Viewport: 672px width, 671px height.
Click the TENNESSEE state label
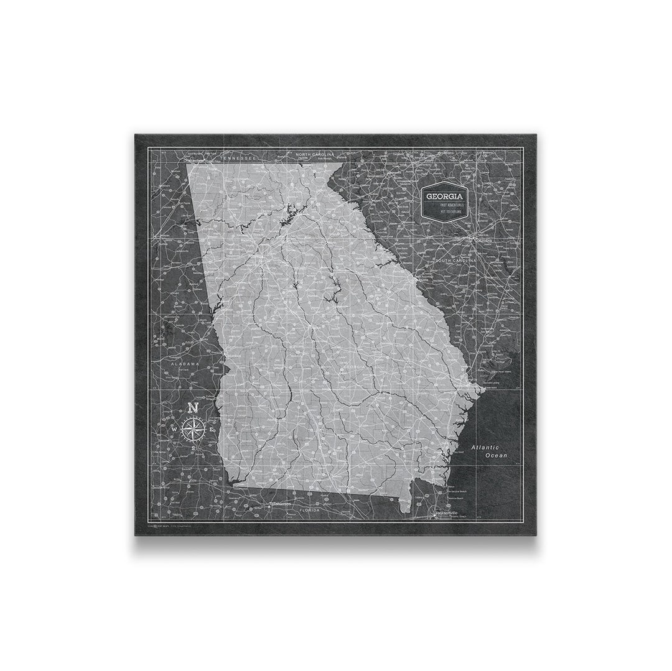click(x=239, y=159)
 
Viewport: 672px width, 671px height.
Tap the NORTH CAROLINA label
click(x=315, y=154)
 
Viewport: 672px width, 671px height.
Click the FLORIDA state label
click(x=309, y=510)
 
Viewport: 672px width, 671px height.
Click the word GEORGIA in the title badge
click(x=445, y=196)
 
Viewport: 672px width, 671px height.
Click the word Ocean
click(x=497, y=456)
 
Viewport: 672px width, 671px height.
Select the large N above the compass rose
click(x=193, y=409)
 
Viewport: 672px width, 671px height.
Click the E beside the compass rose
click(x=212, y=429)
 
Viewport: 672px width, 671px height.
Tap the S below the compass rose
click(x=193, y=448)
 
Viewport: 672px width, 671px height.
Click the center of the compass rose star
click(x=193, y=428)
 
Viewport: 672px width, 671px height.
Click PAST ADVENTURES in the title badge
click(x=445, y=205)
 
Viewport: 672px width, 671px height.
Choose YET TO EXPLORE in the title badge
click(x=445, y=211)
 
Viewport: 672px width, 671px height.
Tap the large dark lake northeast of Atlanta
click(x=287, y=218)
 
